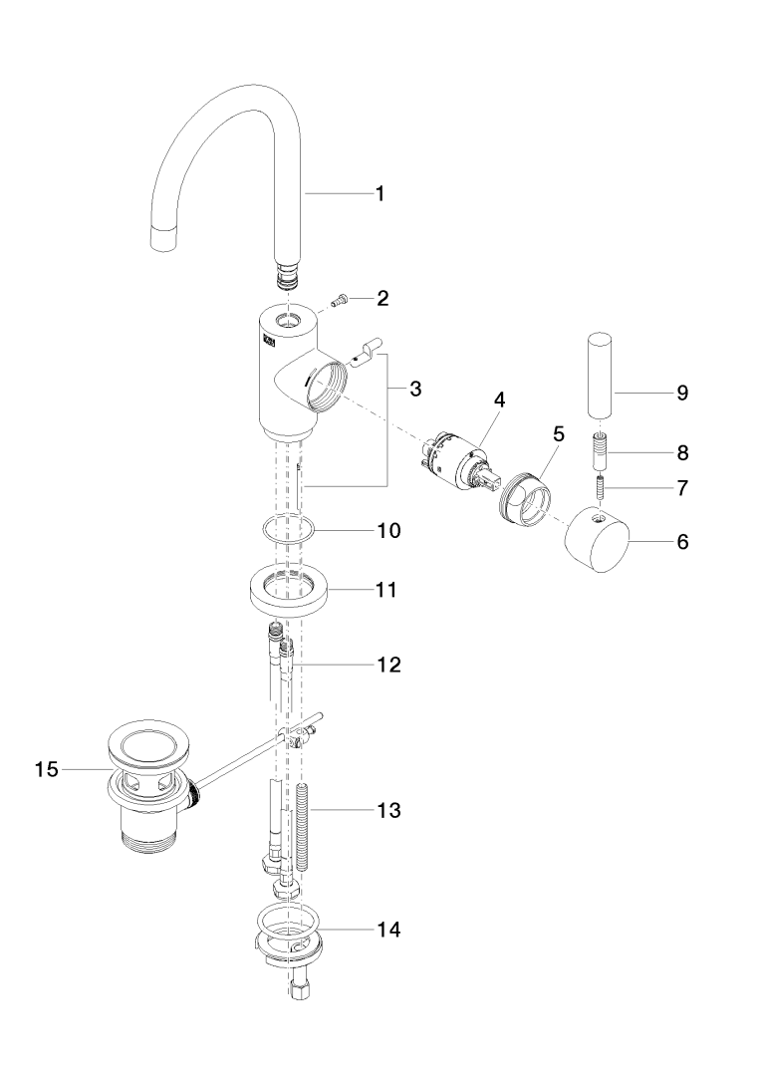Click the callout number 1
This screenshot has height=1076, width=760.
coord(380,194)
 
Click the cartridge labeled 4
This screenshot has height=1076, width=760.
coord(461,462)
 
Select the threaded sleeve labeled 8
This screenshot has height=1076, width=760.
coord(601,452)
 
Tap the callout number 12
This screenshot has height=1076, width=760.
coord(387,664)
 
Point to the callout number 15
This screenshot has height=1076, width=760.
coord(47,770)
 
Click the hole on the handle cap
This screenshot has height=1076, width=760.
coord(600,519)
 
